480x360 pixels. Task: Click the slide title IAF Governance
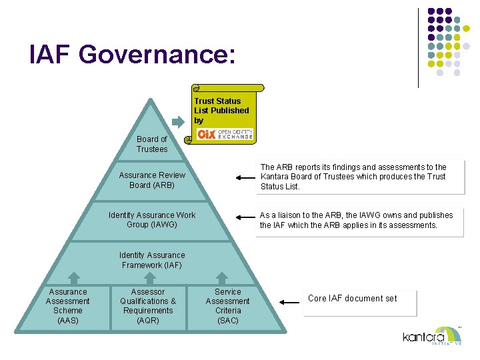coord(132,54)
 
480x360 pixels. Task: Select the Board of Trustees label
coord(152,144)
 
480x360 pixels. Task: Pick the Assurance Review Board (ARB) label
coord(152,180)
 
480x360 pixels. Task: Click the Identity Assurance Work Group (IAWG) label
coord(152,220)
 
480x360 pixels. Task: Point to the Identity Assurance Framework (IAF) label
coord(152,260)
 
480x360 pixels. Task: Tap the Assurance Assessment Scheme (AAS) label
coord(68,306)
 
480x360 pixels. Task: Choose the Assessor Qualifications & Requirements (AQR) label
coord(148,306)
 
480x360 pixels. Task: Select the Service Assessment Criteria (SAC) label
coord(228,306)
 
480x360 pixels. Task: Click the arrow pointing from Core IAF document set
coord(289,302)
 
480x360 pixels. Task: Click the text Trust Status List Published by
coord(221,111)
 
